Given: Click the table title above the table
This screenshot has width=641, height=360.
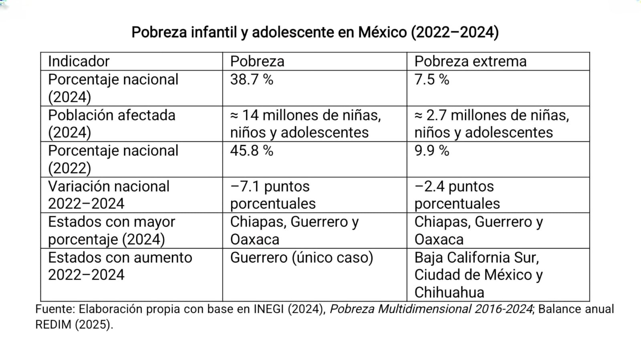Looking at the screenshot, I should pyautogui.click(x=315, y=32).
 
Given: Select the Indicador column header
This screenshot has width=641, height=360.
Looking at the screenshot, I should pyautogui.click(x=79, y=61).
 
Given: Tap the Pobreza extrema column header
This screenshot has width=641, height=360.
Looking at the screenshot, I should pyautogui.click(x=470, y=61).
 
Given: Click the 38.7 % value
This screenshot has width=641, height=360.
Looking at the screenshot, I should pyautogui.click(x=252, y=80).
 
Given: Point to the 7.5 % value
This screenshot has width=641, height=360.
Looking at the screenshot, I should pyautogui.click(x=431, y=80).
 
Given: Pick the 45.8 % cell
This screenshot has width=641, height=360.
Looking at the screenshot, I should pyautogui.click(x=252, y=151).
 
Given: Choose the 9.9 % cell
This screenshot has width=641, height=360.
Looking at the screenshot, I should pyautogui.click(x=431, y=151).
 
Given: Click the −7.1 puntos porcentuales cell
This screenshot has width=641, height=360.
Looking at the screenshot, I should pyautogui.click(x=272, y=195).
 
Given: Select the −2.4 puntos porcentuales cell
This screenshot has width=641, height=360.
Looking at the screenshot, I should pyautogui.click(x=457, y=195).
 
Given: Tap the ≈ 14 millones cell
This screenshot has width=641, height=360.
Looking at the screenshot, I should pyautogui.click(x=305, y=124).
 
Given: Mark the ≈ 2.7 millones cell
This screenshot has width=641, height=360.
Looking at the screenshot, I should pyautogui.click(x=492, y=124).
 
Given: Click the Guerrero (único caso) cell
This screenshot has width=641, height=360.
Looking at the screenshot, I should pyautogui.click(x=301, y=257).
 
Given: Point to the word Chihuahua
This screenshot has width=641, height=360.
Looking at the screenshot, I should pyautogui.click(x=449, y=293).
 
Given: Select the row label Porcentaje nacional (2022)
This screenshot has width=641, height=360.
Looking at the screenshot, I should pyautogui.click(x=113, y=159).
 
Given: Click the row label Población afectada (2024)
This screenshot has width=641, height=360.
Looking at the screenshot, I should pyautogui.click(x=111, y=124).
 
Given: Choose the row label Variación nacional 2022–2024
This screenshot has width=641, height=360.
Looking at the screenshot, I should pyautogui.click(x=109, y=195).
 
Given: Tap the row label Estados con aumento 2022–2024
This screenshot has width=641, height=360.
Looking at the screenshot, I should pyautogui.click(x=120, y=266).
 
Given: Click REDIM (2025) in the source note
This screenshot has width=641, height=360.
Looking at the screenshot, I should pyautogui.click(x=74, y=324).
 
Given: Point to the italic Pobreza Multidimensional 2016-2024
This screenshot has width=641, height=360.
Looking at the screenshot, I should pyautogui.click(x=431, y=309).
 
